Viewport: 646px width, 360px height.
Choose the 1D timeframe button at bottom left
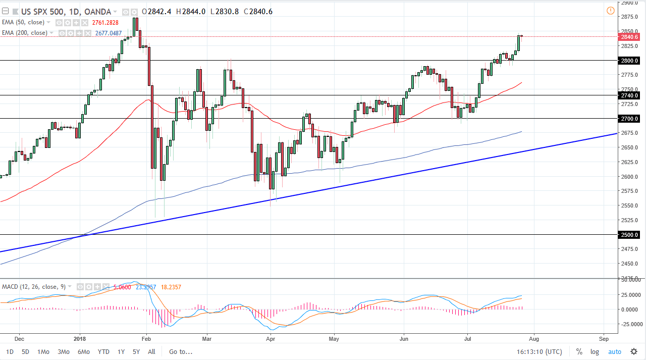point(10,351)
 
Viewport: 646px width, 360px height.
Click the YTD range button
point(103,351)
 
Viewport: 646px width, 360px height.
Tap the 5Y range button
point(136,351)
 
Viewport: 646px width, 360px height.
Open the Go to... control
point(181,351)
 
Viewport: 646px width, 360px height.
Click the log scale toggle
point(595,351)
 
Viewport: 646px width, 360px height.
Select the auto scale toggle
point(614,351)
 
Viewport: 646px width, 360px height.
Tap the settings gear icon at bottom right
point(634,351)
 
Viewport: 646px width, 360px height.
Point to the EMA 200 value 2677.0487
point(109,33)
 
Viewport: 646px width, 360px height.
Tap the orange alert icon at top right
point(611,11)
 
